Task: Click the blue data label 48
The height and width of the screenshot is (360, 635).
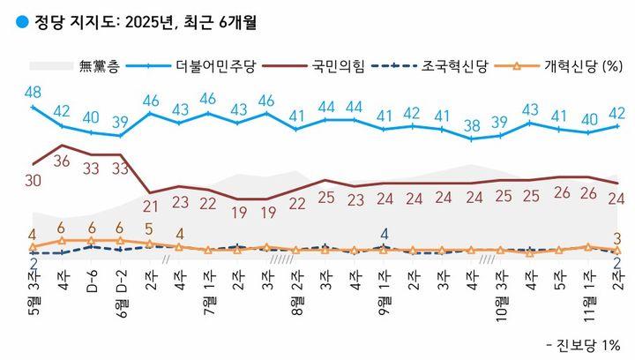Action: pos(34,92)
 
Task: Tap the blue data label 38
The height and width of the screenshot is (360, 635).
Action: pos(473,124)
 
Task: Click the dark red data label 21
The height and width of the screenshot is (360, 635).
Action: pos(150,206)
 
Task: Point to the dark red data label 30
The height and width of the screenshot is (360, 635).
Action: pos(33,180)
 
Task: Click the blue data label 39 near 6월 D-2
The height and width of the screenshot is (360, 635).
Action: pos(121,122)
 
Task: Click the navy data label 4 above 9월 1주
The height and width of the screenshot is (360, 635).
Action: pos(385,234)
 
